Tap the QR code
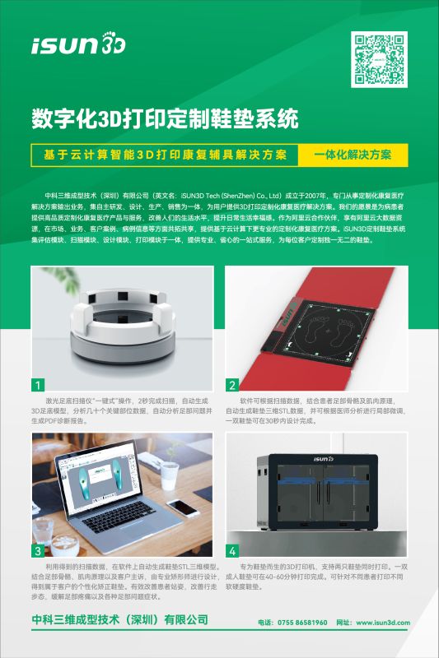[x=380, y=59]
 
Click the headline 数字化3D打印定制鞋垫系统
[x=165, y=119]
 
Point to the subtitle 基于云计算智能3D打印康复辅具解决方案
[x=166, y=155]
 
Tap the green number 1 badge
[x=38, y=384]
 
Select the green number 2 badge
[x=233, y=384]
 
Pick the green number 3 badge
[x=38, y=550]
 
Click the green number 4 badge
[x=233, y=550]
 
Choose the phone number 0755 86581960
[x=303, y=623]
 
